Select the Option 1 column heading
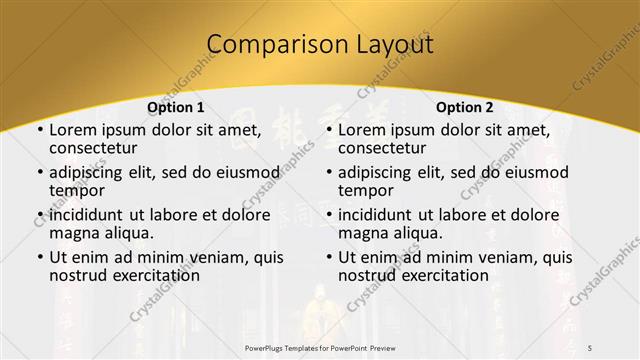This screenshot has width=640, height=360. coord(176,107)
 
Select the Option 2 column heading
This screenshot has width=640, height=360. coord(466,107)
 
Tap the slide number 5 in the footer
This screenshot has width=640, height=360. coord(591,345)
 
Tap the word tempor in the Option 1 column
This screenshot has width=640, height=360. coord(76,189)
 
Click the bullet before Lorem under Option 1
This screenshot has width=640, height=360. coord(39,130)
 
